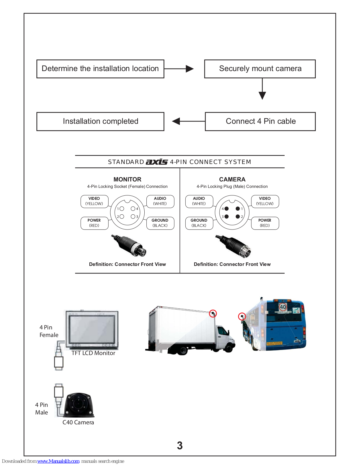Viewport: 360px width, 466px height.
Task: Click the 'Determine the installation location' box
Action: (100, 69)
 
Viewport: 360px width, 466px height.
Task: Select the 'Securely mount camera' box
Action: (260, 69)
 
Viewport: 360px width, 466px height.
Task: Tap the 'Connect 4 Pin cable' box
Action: (260, 121)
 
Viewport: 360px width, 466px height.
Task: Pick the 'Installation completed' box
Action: (100, 121)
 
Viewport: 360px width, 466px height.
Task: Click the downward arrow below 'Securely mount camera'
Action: (262, 89)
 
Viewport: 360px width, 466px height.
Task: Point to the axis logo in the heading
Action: (157, 162)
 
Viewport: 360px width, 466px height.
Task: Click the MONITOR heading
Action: (127, 179)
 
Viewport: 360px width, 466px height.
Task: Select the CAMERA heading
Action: (232, 179)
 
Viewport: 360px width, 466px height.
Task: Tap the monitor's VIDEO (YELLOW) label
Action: (94, 201)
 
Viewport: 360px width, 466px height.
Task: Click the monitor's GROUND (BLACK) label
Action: (160, 223)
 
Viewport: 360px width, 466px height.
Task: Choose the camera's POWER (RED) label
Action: (265, 223)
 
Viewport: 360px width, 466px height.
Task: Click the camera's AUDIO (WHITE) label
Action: (199, 201)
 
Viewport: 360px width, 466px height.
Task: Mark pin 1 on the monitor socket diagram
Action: (122, 209)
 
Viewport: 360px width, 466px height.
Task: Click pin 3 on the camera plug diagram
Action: (226, 216)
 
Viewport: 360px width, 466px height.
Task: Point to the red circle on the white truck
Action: (213, 313)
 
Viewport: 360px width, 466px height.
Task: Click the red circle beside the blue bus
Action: (242, 316)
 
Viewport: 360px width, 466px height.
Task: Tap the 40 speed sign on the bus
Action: (283, 307)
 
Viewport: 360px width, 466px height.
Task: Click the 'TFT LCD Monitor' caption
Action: (93, 353)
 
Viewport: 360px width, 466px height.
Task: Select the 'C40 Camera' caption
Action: (78, 422)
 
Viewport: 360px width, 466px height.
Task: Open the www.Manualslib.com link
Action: (58, 461)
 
